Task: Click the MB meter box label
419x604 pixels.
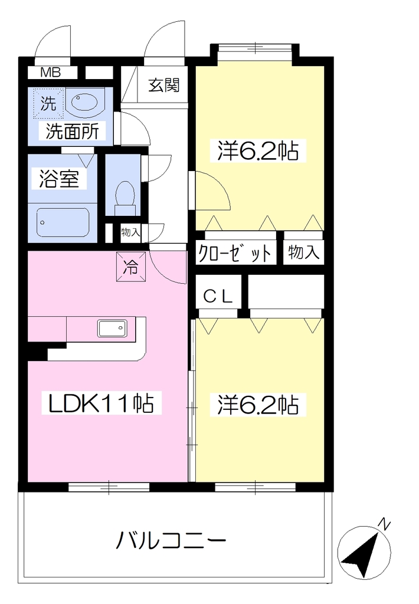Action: [51, 73]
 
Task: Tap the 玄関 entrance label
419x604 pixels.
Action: [164, 85]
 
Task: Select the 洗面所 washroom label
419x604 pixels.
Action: [73, 131]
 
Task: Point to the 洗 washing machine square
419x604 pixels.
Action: [48, 103]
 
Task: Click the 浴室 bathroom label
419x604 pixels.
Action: [59, 179]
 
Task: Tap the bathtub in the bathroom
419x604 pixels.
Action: [63, 222]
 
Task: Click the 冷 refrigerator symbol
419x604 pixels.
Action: [131, 267]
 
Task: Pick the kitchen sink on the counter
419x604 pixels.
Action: [113, 329]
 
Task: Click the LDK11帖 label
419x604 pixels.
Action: [100, 403]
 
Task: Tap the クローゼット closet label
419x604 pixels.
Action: [235, 253]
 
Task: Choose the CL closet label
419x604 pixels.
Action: [218, 297]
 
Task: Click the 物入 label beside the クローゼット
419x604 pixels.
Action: [303, 252]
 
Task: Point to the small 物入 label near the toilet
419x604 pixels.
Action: [130, 232]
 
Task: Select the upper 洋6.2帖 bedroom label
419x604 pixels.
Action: [258, 150]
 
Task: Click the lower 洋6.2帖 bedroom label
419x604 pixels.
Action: [258, 405]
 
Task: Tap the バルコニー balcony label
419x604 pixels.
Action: [171, 540]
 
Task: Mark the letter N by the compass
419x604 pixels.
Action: [384, 524]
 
